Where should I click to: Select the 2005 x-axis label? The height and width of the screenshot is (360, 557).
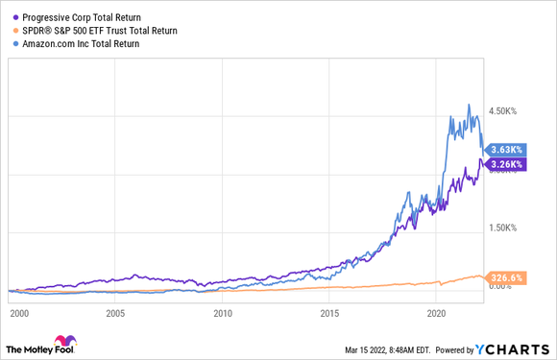(116, 312)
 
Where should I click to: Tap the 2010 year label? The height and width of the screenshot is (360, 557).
(223, 312)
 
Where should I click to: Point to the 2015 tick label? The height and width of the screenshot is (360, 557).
(329, 312)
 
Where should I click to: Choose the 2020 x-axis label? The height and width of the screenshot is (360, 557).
(436, 312)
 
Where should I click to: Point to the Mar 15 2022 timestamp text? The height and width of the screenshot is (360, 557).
(391, 348)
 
